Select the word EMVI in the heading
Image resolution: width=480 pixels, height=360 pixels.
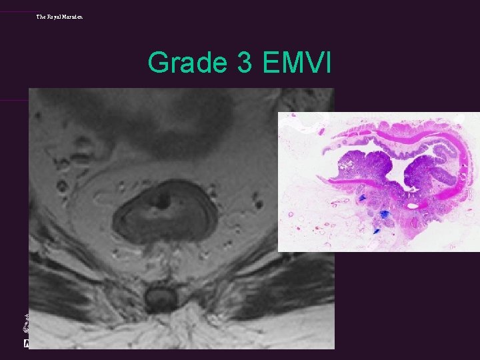coord(298,63)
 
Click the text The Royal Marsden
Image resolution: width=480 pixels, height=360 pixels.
coord(59,16)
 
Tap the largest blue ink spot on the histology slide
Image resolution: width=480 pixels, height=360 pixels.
coord(385,213)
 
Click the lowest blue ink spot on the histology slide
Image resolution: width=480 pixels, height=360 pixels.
coord(376,231)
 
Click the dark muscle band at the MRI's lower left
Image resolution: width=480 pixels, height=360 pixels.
coord(60,280)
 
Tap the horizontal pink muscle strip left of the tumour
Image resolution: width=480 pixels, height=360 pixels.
coord(343,181)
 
